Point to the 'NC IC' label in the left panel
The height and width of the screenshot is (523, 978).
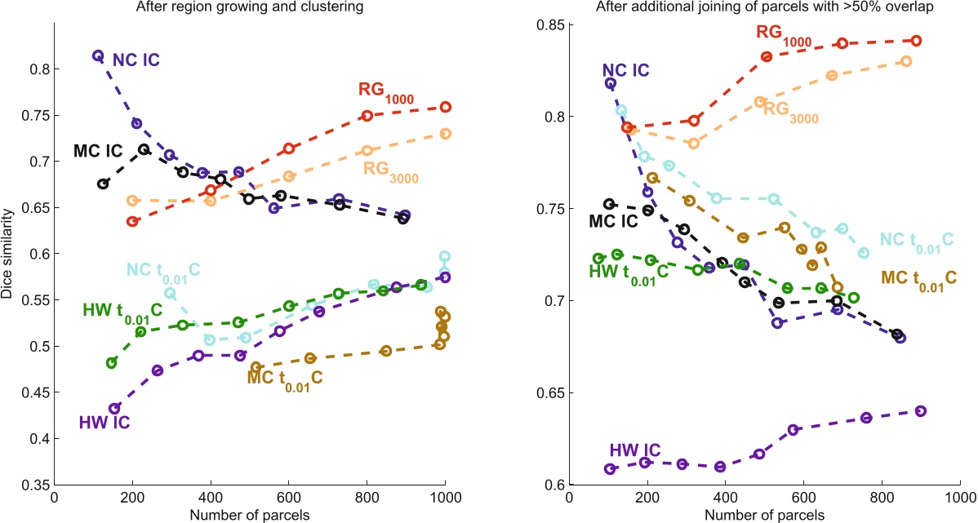(x=136, y=59)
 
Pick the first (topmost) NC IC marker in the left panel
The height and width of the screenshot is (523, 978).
(x=98, y=55)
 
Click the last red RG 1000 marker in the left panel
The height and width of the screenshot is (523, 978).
(x=446, y=107)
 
